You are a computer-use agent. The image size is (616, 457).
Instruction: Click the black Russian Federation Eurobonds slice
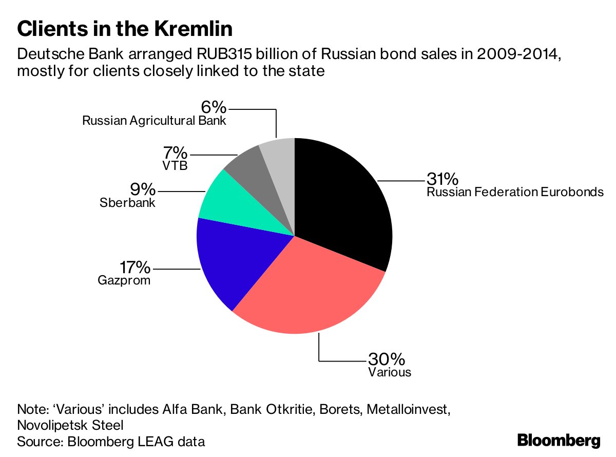pyautogui.click(x=344, y=200)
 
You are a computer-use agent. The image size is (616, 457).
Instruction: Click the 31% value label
pyautogui.click(x=442, y=179)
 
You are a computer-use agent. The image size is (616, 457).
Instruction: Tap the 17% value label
pyautogui.click(x=135, y=268)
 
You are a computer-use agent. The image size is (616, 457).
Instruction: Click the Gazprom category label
pyautogui.click(x=124, y=281)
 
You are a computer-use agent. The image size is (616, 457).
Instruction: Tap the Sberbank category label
pyautogui.click(x=127, y=203)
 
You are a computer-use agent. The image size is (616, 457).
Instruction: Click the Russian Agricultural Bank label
pyautogui.click(x=154, y=121)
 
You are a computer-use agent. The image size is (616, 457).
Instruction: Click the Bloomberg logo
pyautogui.click(x=558, y=440)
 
